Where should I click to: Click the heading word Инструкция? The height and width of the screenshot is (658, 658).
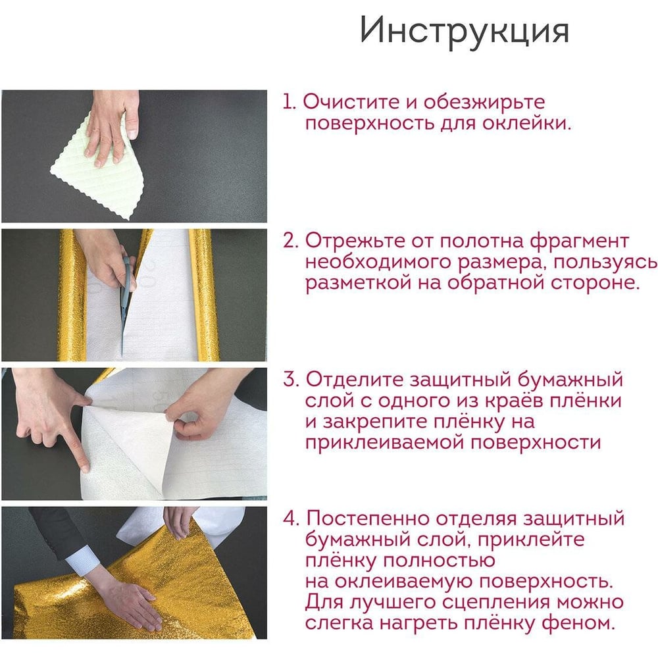[x=464, y=30]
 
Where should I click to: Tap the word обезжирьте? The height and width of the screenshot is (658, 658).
[x=484, y=103]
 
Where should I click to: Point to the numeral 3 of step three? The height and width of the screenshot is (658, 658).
[x=290, y=380]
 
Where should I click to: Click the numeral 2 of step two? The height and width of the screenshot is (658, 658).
[x=290, y=241]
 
